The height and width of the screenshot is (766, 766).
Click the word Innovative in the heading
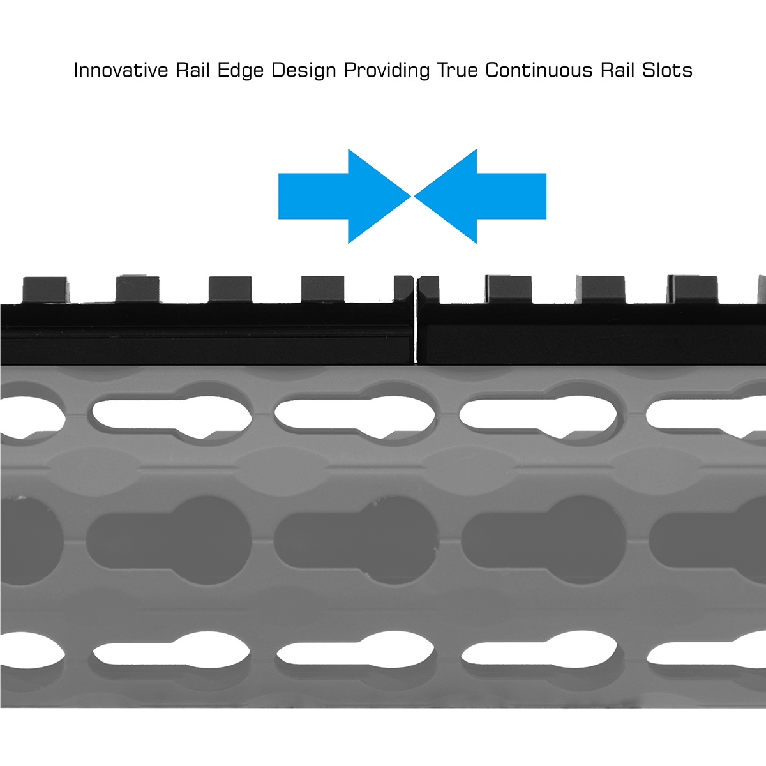121,70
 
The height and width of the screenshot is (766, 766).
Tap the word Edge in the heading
241,71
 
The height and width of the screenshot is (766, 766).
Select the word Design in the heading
304,71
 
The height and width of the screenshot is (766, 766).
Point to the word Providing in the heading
386,71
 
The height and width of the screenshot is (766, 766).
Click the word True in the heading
457,70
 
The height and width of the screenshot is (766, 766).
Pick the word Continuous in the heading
539,70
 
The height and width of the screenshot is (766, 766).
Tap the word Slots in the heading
668,70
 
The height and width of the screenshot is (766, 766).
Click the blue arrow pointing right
344,196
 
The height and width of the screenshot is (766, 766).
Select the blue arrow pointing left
480,196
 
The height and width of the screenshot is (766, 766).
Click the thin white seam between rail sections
416,320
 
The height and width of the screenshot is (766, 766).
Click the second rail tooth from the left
137,289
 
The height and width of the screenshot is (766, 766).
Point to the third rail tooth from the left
230,290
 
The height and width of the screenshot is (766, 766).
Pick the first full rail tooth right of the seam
508,289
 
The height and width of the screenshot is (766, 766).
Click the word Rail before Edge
193,70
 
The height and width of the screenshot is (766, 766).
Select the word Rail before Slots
617,70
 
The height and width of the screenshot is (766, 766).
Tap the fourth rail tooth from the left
323,290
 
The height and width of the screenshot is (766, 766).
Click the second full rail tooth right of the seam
601,290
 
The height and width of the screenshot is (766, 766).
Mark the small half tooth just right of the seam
428,290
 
